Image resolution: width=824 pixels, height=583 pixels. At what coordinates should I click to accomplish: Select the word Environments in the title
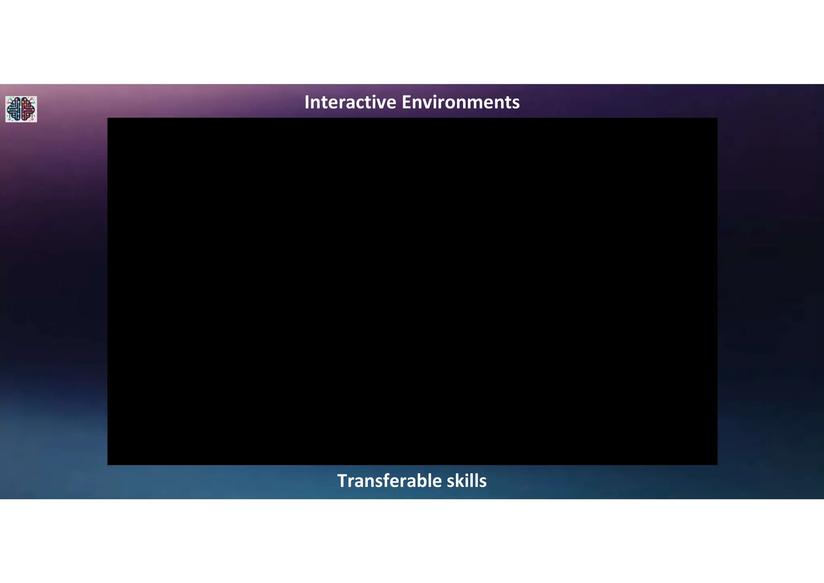(x=461, y=102)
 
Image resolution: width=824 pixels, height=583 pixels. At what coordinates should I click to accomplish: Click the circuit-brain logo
(x=21, y=109)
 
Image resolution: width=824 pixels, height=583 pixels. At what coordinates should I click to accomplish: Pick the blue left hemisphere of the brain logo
(x=14, y=109)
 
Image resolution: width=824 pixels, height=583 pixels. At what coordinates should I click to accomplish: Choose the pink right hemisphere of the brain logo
(x=27, y=109)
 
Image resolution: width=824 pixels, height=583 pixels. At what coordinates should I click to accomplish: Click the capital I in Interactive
(x=307, y=102)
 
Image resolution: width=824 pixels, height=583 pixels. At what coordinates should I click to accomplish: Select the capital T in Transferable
(x=342, y=481)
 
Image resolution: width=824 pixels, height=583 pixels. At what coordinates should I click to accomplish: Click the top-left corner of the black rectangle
(x=108, y=118)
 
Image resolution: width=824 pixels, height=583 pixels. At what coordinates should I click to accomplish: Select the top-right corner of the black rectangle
(x=717, y=118)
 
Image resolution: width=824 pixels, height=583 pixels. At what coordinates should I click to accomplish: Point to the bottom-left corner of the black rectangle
(x=108, y=465)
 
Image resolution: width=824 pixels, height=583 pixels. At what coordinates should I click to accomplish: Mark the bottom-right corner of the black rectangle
(x=717, y=465)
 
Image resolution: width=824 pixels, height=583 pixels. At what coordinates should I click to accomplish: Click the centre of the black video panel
(x=412, y=291)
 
